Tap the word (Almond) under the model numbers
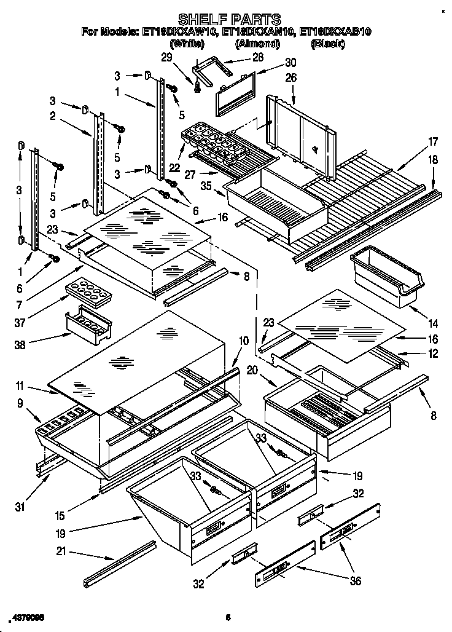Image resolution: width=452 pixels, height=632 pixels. click(x=256, y=43)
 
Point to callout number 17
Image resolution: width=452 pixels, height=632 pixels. click(x=433, y=142)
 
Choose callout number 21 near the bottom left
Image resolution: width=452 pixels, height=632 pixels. click(x=60, y=551)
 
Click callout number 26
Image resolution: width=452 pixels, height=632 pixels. click(x=290, y=78)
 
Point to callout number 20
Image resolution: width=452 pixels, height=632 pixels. click(x=252, y=370)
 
